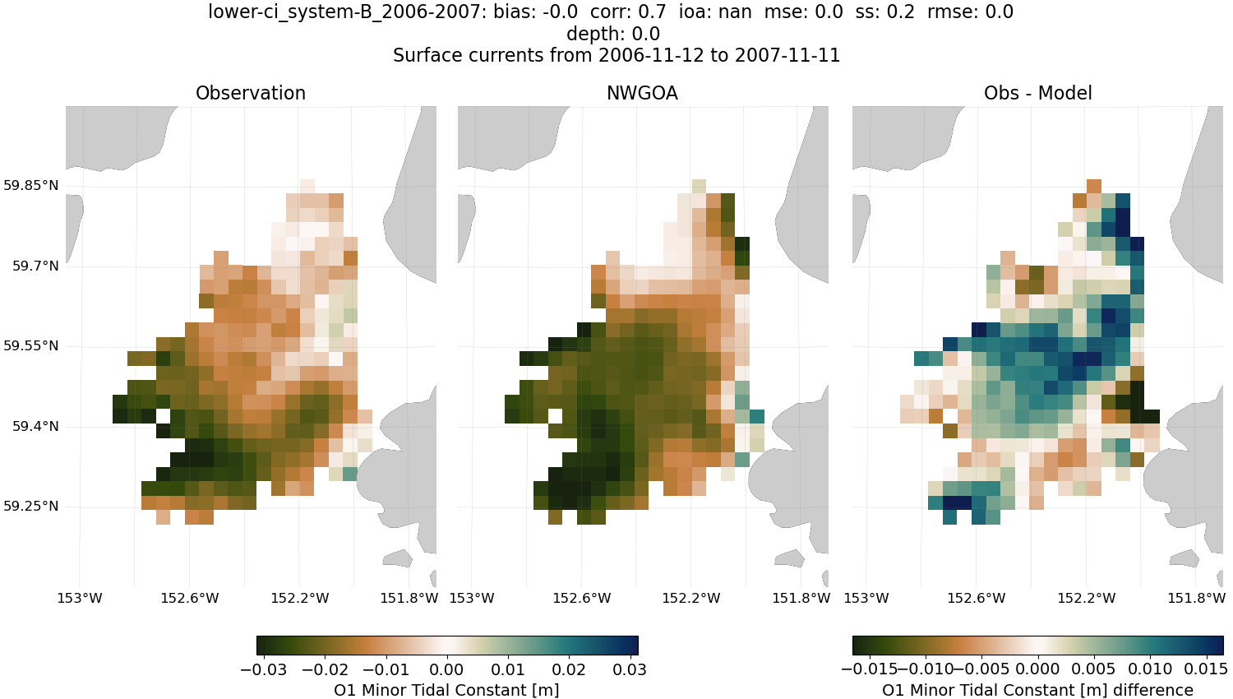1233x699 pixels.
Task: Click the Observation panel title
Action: pyautogui.click(x=251, y=94)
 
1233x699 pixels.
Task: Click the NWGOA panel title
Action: pyautogui.click(x=642, y=94)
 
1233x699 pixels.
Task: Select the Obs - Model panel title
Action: pyautogui.click(x=1037, y=94)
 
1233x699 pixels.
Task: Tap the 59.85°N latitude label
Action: pyautogui.click(x=30, y=186)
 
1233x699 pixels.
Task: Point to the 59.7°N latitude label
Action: pyautogui.click(x=35, y=266)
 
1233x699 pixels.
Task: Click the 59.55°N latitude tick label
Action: pyautogui.click(x=30, y=346)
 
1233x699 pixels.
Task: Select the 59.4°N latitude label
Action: pyautogui.click(x=35, y=427)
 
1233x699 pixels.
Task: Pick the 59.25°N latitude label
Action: pyautogui.click(x=30, y=507)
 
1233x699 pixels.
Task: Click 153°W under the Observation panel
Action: pyautogui.click(x=80, y=598)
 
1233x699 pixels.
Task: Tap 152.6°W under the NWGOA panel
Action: pyautogui.click(x=581, y=598)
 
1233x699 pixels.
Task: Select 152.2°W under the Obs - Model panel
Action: pyautogui.click(x=1087, y=598)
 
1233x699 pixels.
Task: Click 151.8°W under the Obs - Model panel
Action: pyautogui.click(x=1196, y=598)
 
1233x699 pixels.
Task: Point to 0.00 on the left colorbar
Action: pyautogui.click(x=447, y=669)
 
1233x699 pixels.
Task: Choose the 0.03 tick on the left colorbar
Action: pyautogui.click(x=630, y=669)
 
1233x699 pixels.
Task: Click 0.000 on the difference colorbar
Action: pyautogui.click(x=1038, y=669)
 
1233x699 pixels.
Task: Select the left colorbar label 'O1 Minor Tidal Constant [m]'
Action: pyautogui.click(x=446, y=690)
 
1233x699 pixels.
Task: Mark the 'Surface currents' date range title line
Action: pyautogui.click(x=616, y=56)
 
